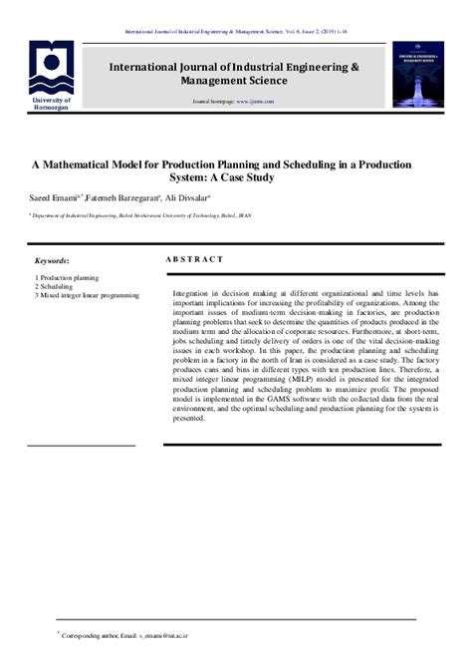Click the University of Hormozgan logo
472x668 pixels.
point(49,68)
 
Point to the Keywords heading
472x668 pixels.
point(53,259)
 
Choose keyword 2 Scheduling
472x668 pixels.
point(55,285)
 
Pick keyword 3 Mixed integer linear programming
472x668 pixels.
point(87,295)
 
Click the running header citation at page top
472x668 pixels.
point(235,31)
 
